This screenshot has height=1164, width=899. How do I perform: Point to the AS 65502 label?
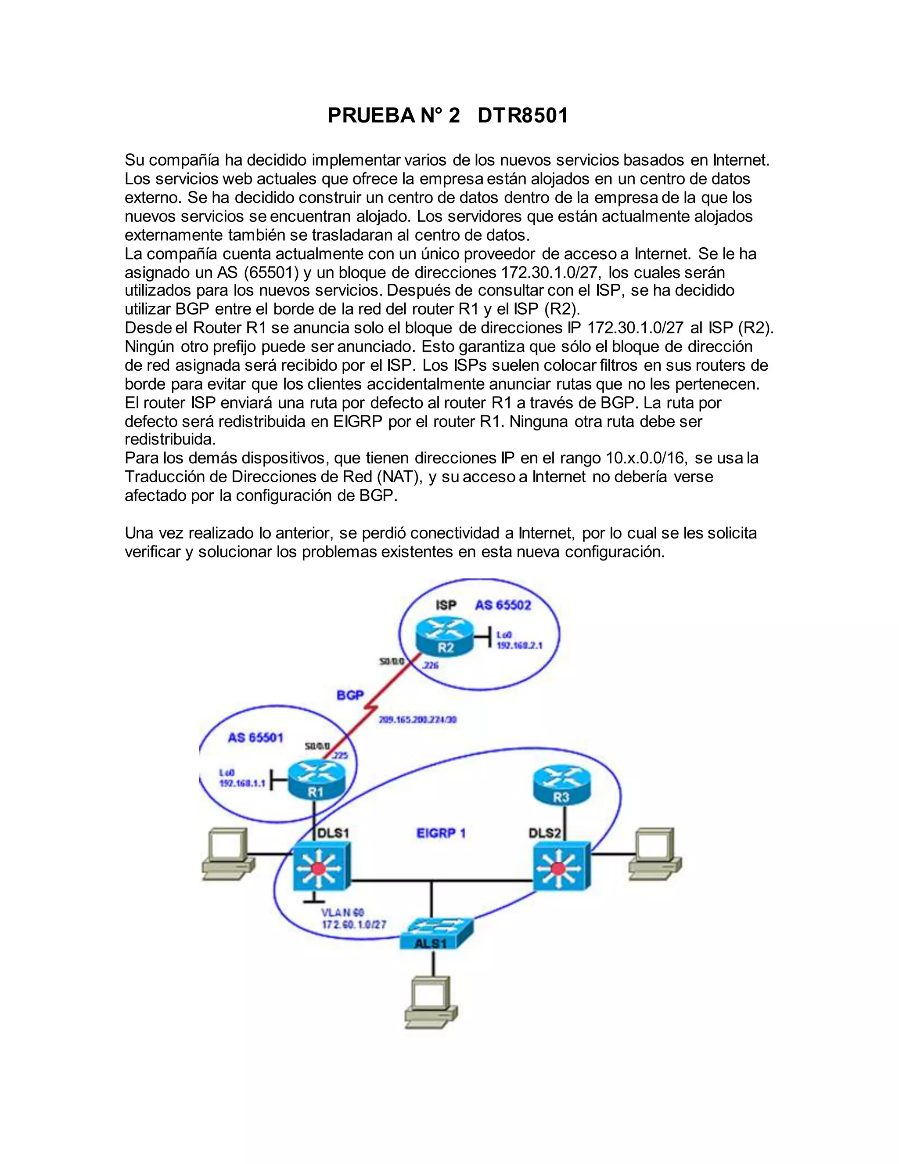(503, 605)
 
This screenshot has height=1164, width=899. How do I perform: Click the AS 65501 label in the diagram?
(255, 737)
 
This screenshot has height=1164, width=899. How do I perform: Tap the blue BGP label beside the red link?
(350, 695)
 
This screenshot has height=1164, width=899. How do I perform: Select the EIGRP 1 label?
(441, 833)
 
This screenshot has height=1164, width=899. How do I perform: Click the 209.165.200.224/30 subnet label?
(417, 719)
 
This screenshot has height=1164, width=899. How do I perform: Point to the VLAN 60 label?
(342, 913)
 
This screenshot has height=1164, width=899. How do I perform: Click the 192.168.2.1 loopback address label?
(519, 645)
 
